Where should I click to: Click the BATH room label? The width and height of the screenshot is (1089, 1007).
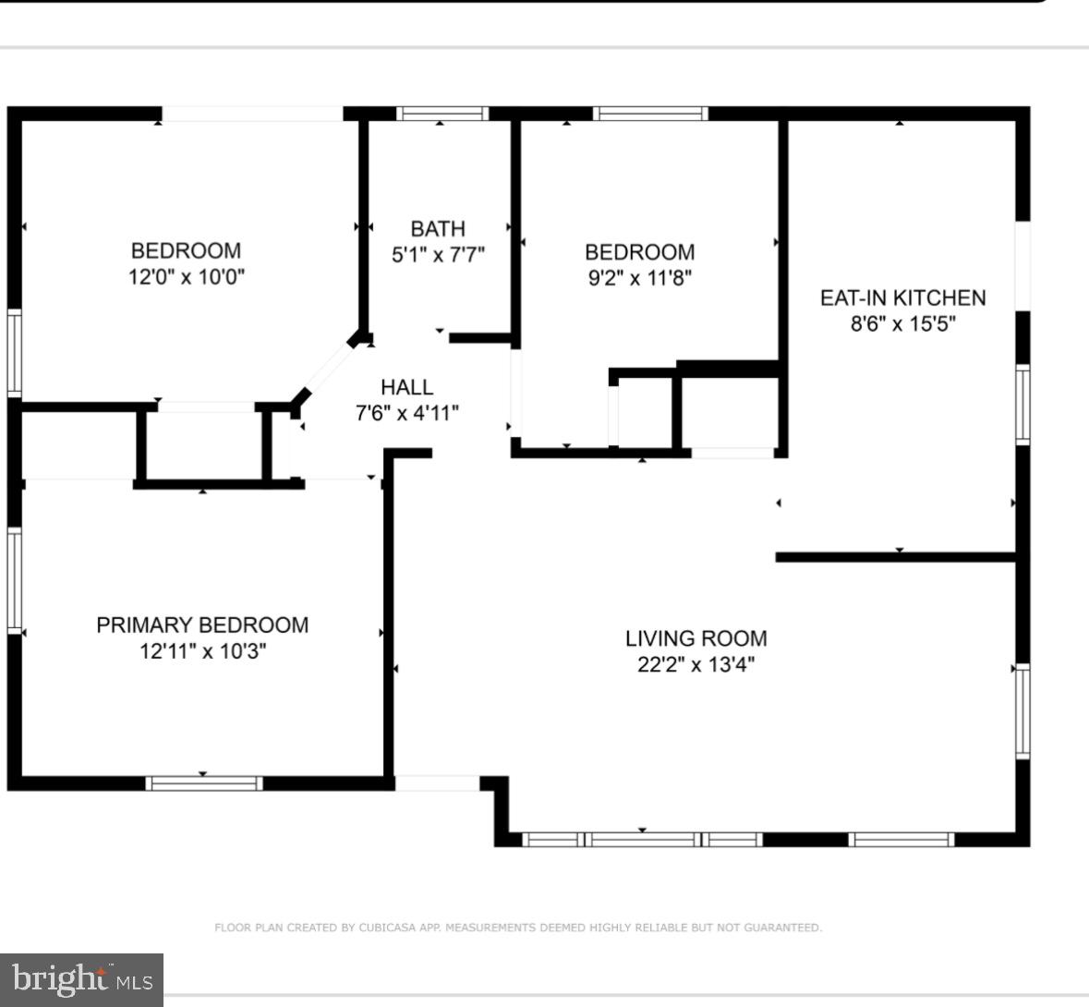(438, 228)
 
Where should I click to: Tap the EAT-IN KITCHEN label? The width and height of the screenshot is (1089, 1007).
(902, 297)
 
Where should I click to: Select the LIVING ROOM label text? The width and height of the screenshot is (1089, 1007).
(696, 638)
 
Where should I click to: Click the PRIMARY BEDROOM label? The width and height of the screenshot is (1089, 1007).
(202, 625)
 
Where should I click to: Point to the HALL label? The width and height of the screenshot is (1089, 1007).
(406, 387)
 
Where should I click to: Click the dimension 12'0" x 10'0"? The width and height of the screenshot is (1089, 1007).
(186, 276)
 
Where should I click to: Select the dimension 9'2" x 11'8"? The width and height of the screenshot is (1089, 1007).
(639, 277)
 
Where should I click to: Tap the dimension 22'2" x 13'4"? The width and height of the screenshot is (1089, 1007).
(696, 664)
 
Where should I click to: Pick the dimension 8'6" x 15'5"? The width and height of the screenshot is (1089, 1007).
(902, 323)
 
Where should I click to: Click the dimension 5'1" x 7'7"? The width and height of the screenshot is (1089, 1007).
(438, 254)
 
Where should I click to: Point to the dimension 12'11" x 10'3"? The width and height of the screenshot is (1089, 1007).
(202, 650)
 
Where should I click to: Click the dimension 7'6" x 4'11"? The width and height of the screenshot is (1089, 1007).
(406, 413)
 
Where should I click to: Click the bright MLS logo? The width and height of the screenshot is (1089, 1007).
(81, 979)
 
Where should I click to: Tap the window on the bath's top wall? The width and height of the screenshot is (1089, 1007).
(442, 114)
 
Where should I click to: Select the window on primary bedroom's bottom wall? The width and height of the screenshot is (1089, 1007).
(204, 783)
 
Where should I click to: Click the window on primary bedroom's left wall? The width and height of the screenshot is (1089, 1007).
(14, 579)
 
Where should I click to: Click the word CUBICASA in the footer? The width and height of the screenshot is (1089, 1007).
(389, 928)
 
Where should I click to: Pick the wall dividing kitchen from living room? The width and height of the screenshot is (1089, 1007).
(896, 557)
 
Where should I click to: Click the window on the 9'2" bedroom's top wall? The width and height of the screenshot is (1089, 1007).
(650, 114)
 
